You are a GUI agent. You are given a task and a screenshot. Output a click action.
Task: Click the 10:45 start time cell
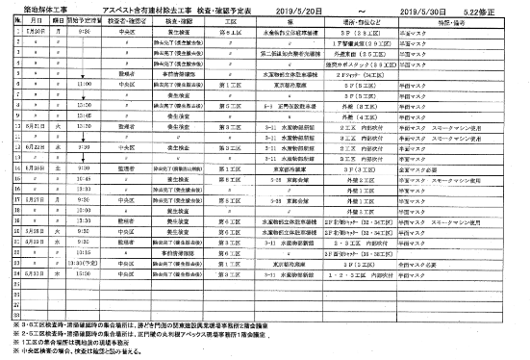82,178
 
